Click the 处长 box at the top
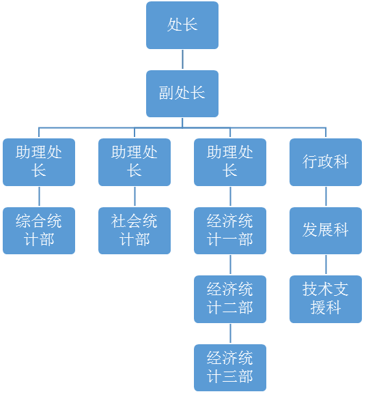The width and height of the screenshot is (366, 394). (x=182, y=25)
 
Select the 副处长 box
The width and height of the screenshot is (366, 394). (x=182, y=93)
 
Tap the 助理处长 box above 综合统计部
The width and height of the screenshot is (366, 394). (x=39, y=162)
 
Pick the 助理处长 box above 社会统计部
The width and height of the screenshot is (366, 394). (x=135, y=162)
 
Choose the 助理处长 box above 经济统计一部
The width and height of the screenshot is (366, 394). (x=230, y=162)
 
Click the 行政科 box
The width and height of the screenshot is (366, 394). (x=326, y=162)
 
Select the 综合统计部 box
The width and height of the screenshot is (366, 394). (x=39, y=230)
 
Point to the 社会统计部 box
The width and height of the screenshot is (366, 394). (x=135, y=230)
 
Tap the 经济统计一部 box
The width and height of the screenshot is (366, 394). (x=230, y=230)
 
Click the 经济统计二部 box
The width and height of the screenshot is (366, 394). (x=230, y=299)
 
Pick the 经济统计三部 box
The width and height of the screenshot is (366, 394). (x=230, y=367)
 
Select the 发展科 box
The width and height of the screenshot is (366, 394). (x=326, y=230)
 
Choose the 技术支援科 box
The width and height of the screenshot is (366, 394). (x=326, y=299)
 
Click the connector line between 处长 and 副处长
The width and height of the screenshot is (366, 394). (x=182, y=59)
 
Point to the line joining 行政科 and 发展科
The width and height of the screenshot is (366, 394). (x=326, y=196)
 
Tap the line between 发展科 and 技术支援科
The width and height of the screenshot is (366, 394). (x=326, y=264)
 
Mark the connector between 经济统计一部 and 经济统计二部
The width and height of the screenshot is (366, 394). (x=230, y=264)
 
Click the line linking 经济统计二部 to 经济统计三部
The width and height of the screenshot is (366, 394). (x=230, y=333)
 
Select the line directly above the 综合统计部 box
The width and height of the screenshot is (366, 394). (x=39, y=196)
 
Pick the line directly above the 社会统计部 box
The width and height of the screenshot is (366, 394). (x=135, y=196)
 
